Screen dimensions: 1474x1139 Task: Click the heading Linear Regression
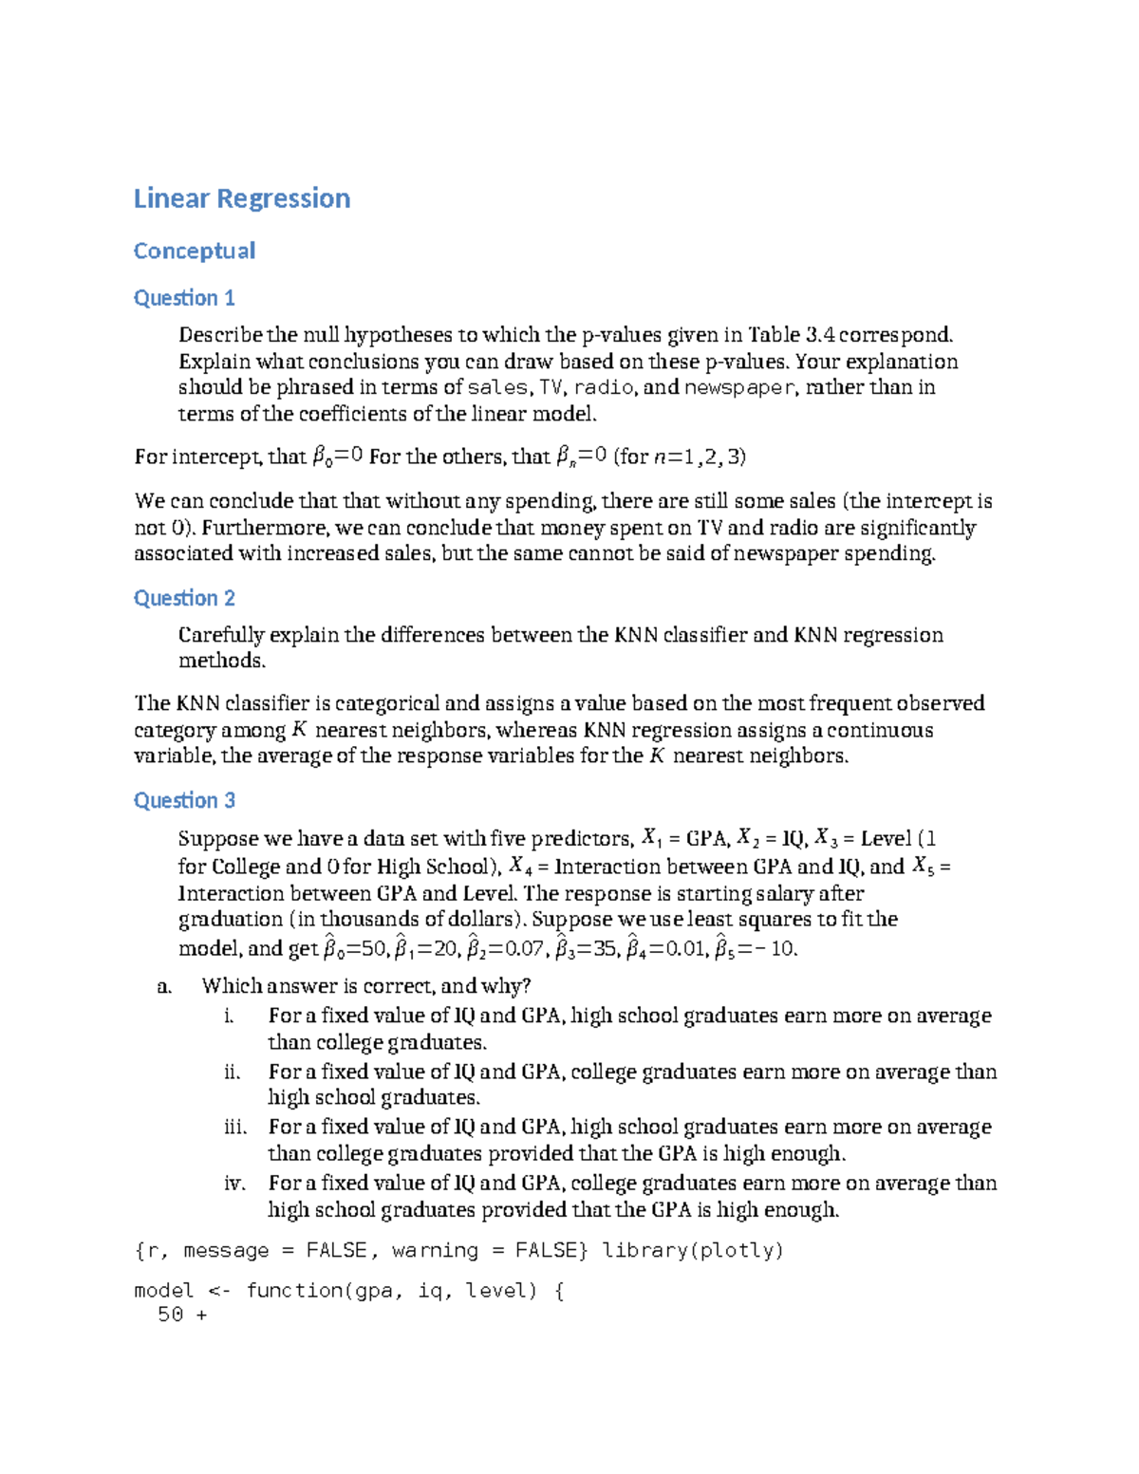point(241,198)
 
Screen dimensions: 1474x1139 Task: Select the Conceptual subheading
point(194,251)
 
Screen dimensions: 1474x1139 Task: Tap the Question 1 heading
point(183,298)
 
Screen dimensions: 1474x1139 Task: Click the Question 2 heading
point(183,598)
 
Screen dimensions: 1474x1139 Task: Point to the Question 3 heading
point(183,800)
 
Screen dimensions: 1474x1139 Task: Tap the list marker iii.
point(234,1127)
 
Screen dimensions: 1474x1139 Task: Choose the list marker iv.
point(234,1183)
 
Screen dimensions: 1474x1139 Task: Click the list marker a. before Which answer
point(164,986)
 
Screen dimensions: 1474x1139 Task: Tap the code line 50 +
point(182,1315)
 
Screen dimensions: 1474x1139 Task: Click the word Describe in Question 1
point(220,335)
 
